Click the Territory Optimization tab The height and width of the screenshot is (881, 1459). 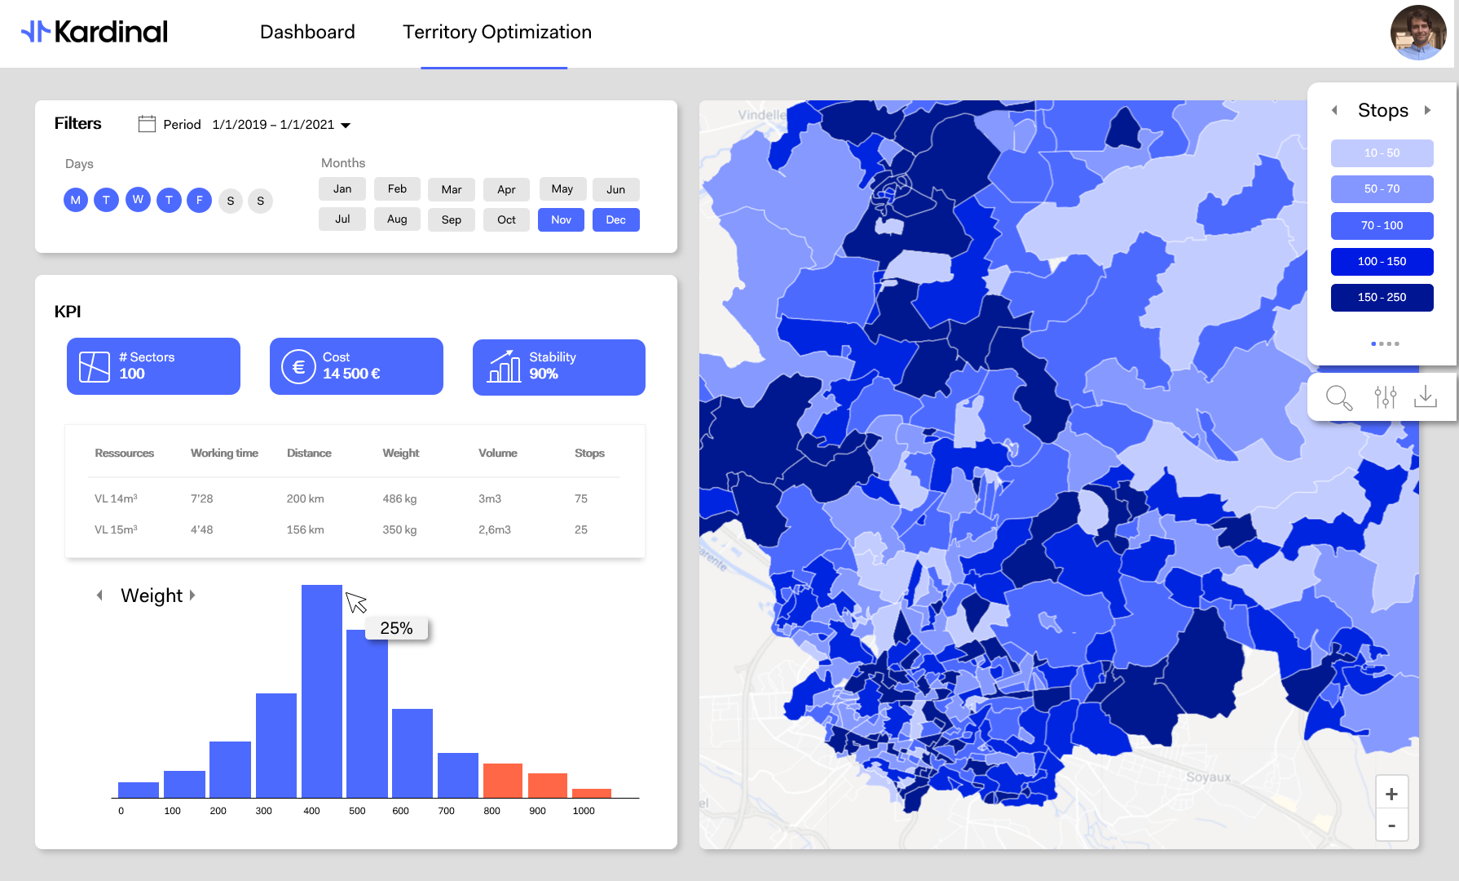tap(496, 33)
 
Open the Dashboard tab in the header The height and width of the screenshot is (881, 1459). tap(307, 33)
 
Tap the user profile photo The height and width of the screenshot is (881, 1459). tap(1417, 33)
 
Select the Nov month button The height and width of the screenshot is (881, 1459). tap(561, 220)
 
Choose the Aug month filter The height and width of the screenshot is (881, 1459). tap(397, 219)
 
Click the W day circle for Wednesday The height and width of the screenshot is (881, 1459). tap(138, 200)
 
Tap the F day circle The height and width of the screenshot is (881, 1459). tap(199, 200)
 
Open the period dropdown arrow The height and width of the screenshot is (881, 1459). tap(346, 126)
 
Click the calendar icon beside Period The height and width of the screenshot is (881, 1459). tap(147, 124)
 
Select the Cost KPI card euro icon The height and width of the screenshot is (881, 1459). tap(298, 367)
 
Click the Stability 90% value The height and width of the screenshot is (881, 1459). tap(544, 374)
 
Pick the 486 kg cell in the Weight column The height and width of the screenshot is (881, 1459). tap(399, 498)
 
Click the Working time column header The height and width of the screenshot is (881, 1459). tap(224, 454)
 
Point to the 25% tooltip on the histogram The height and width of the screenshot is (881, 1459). tap(396, 628)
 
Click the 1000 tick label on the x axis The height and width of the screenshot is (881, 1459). tap(584, 811)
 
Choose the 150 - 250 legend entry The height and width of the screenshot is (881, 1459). tap(1382, 298)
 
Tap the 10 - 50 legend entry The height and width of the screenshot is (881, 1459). tap(1382, 153)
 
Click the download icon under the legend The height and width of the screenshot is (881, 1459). tap(1426, 397)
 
